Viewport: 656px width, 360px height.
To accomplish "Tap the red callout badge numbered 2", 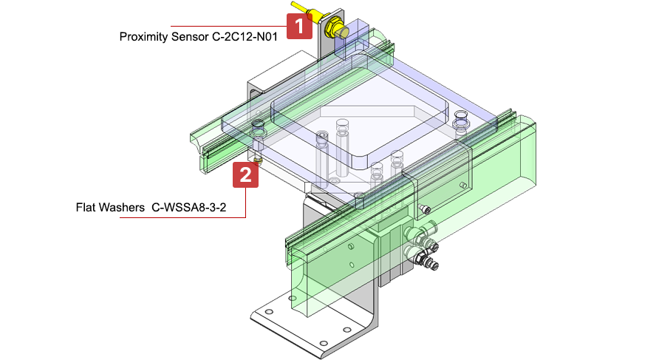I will pos(245,174).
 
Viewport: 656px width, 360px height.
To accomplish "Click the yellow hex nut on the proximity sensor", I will pos(333,27).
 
